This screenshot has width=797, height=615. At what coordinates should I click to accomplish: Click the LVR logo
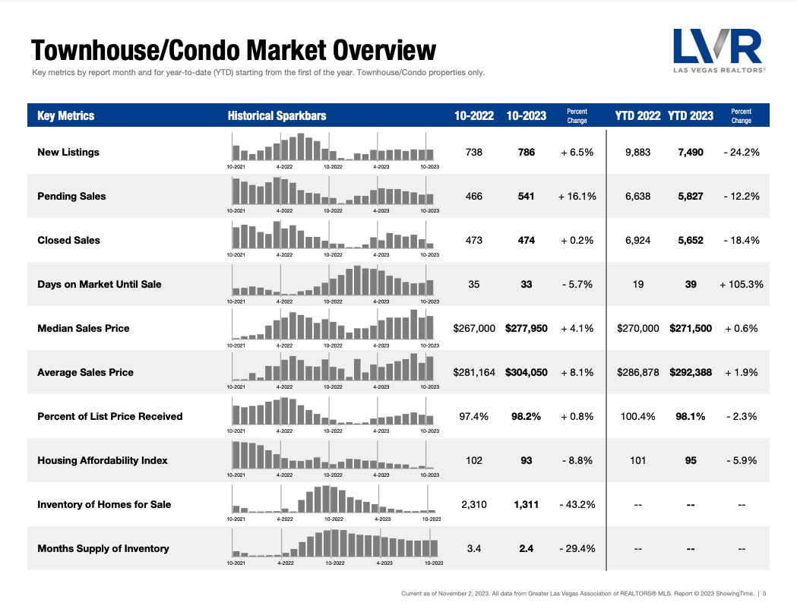tap(718, 50)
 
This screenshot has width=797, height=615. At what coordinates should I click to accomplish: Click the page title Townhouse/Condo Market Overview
tap(233, 51)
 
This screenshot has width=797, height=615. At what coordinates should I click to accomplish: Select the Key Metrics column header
tap(66, 115)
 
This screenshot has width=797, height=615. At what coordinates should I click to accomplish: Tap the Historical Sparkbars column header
tap(277, 115)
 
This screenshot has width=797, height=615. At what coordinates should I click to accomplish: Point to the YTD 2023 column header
tap(691, 115)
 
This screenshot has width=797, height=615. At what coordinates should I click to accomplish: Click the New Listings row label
tap(68, 152)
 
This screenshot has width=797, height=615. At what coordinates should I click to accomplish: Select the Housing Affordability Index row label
tap(103, 460)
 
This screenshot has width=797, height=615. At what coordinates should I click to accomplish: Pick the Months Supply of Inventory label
tap(103, 548)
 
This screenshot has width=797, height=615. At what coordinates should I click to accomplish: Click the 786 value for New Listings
tap(526, 152)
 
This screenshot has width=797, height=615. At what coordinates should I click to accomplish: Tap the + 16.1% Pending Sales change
tap(577, 196)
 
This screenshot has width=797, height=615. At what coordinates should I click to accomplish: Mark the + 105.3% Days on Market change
tap(741, 284)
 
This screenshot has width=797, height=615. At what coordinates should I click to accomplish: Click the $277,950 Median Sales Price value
tap(526, 328)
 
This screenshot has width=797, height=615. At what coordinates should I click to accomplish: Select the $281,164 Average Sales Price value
tap(474, 372)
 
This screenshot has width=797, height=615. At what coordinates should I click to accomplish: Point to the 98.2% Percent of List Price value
tap(526, 416)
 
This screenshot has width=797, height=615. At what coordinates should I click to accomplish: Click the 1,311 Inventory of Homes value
tap(526, 504)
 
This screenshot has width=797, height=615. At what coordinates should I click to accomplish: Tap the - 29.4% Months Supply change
tap(577, 548)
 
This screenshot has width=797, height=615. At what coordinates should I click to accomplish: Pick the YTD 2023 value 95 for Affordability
tap(691, 460)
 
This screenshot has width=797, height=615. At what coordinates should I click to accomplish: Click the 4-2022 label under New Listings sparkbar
tap(285, 166)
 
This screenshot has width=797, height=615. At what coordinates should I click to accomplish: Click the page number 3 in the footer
tap(764, 593)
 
